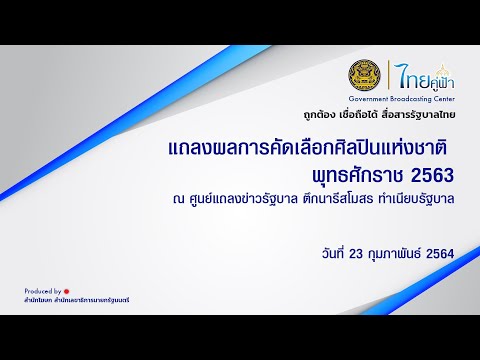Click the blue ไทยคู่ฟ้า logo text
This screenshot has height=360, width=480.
413,74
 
